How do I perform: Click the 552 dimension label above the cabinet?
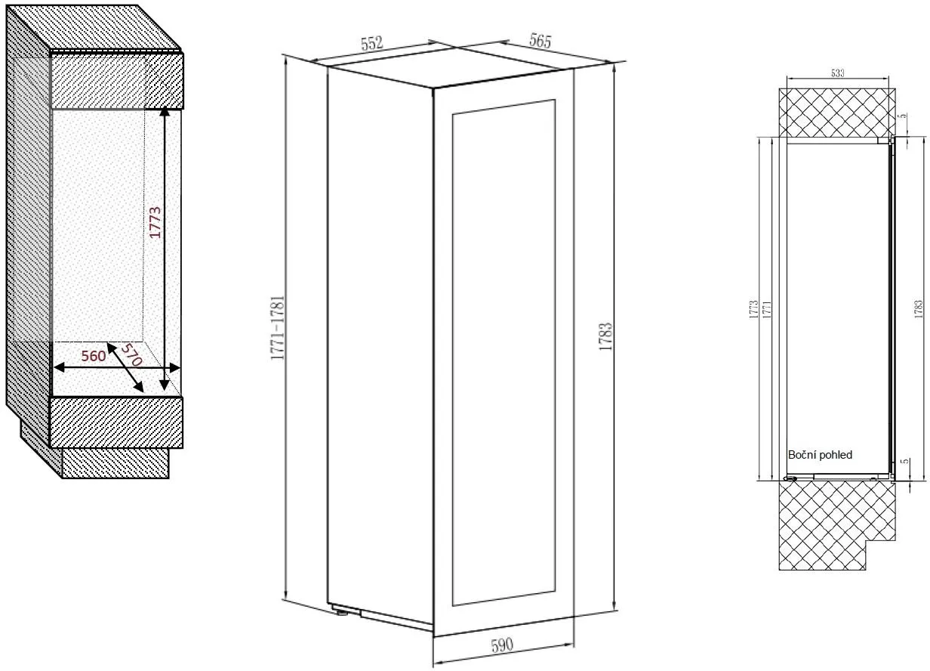tap(372, 44)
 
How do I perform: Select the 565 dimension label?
tap(540, 41)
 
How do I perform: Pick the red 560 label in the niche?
tap(93, 357)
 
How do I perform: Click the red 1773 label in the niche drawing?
tap(155, 222)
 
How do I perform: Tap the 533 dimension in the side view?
tap(837, 73)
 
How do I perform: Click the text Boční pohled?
tap(820, 455)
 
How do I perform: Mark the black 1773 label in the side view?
tap(753, 309)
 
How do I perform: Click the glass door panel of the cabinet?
tap(503, 351)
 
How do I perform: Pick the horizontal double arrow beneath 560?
tap(117, 368)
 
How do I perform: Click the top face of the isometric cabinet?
tap(449, 69)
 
